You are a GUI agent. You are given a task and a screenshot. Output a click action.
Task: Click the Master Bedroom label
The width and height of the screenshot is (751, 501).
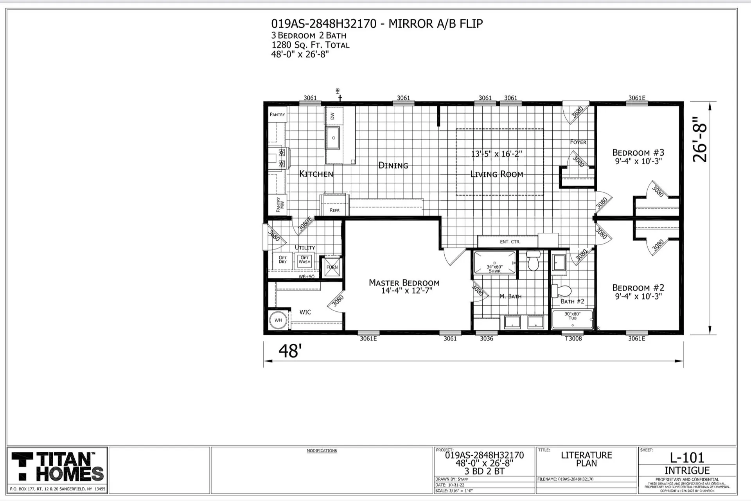[404, 283]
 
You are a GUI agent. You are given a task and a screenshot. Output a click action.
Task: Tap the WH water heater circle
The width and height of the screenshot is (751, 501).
[278, 320]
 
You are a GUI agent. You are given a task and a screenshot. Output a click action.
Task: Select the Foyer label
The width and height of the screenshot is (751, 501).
[578, 142]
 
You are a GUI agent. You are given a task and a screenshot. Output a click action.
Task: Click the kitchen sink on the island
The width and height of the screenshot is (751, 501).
[333, 138]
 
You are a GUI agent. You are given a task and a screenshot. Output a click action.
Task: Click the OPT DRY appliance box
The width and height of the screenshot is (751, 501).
[283, 260]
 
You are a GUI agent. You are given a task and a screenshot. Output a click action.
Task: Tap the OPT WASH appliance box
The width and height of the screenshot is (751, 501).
[304, 260]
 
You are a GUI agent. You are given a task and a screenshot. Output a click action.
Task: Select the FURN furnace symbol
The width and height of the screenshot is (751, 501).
[332, 267]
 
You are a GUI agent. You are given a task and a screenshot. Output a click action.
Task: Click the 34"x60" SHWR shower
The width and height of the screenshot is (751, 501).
[495, 263]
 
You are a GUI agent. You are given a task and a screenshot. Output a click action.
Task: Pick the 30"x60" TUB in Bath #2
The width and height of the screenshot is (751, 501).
[572, 319]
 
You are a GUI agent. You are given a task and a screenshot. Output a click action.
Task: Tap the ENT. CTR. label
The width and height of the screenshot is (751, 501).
[510, 242]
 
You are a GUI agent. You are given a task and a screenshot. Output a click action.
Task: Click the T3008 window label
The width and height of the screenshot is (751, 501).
[573, 339]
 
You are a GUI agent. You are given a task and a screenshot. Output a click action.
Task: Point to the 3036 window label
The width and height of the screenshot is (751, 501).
[487, 339]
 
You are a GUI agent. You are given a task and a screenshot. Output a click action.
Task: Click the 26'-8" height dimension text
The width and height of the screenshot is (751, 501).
[700, 139]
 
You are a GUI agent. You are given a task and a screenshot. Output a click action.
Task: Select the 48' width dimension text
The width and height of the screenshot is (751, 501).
[290, 351]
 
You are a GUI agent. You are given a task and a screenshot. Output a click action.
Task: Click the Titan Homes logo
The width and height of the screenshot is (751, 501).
[57, 466]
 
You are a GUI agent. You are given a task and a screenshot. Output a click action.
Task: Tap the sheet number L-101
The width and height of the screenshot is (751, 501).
[687, 457]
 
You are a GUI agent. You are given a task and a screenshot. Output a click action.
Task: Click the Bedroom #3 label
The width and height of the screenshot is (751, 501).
[638, 153]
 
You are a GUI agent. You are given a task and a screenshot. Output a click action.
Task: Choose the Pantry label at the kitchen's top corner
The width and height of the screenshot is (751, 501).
[277, 115]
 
